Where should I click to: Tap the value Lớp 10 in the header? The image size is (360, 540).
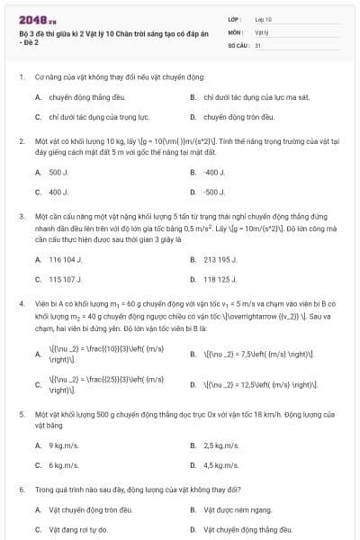(x=263, y=18)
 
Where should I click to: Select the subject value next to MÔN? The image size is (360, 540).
(x=261, y=31)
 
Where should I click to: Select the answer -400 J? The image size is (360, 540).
(x=213, y=171)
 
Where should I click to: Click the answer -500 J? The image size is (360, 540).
(x=213, y=192)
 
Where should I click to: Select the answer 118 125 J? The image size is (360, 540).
(x=220, y=280)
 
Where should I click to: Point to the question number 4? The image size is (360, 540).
(x=21, y=304)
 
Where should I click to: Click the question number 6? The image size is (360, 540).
(x=21, y=489)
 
